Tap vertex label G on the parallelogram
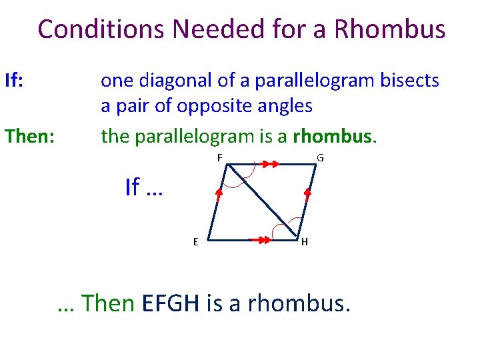321,158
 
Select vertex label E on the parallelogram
195,242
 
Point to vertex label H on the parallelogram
305,242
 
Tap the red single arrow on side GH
307,194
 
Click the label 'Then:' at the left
29,137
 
